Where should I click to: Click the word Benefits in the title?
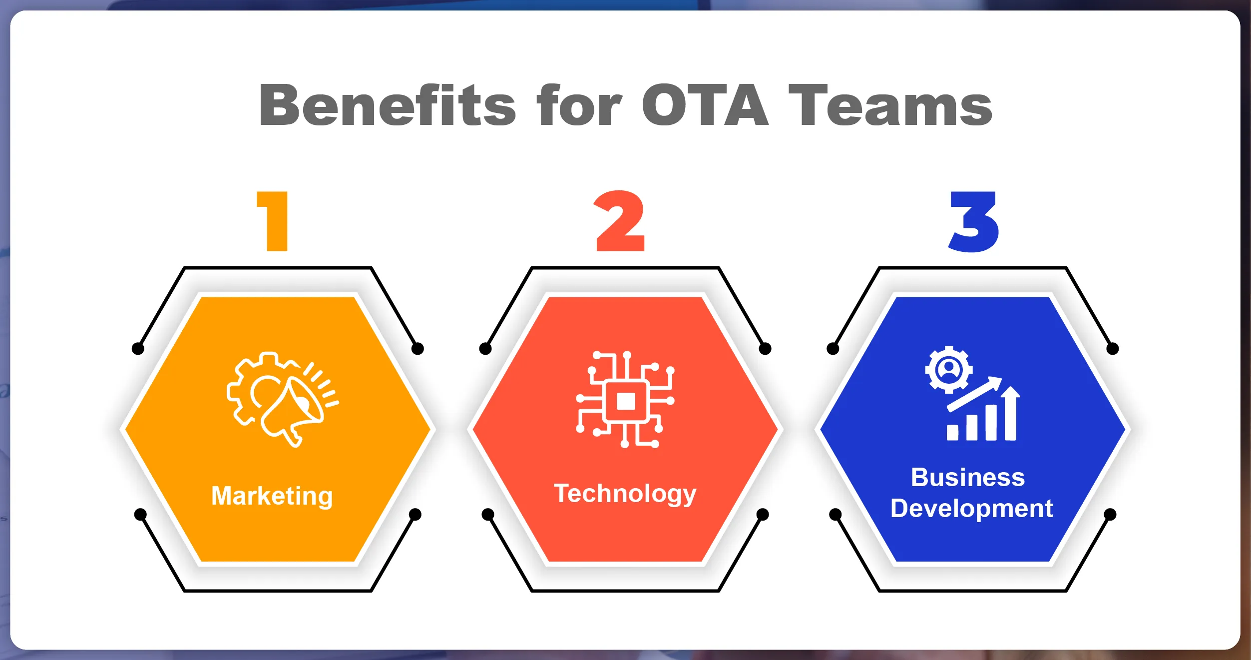(388, 105)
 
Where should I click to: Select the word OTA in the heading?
(705, 105)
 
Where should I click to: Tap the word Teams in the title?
(890, 105)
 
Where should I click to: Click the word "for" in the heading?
(579, 105)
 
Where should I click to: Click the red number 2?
(620, 221)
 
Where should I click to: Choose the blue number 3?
(974, 222)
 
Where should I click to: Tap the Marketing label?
(272, 496)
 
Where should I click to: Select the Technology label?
(625, 494)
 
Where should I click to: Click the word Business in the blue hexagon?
(968, 477)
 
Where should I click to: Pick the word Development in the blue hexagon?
(972, 509)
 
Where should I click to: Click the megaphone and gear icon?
(283, 399)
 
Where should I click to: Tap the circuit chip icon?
(625, 400)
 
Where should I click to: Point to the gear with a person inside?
(949, 370)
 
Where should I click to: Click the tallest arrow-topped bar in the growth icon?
(1010, 413)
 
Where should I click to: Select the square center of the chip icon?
(626, 401)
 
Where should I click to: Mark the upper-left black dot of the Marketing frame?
(138, 349)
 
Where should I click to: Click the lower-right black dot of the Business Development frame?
(1110, 515)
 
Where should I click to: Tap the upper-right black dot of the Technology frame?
(765, 349)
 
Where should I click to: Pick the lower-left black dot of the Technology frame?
(488, 515)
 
